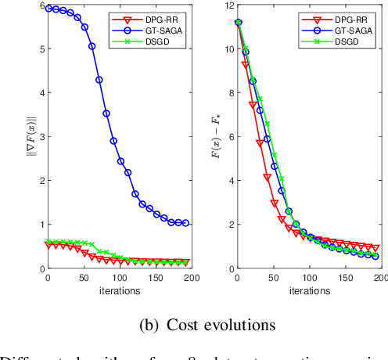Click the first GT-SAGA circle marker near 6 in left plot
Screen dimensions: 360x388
[48, 9]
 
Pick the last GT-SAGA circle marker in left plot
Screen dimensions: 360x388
[185, 224]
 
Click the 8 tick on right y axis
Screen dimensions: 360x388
[229, 93]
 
